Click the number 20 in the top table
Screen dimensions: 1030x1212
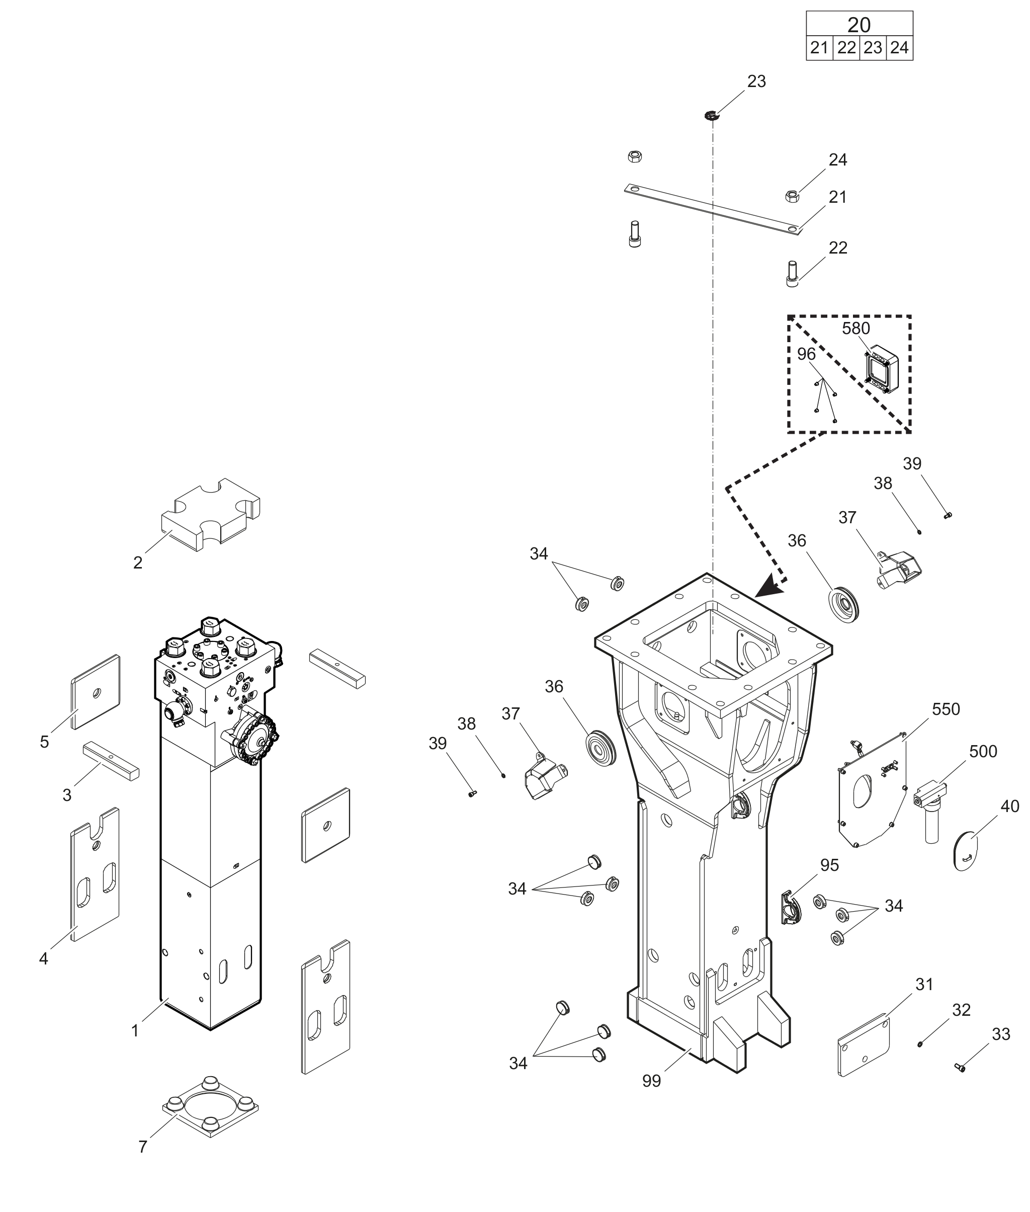(x=859, y=25)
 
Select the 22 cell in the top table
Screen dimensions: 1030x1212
(x=846, y=48)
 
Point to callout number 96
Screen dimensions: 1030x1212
(x=806, y=354)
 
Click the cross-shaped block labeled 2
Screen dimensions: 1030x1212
(x=211, y=514)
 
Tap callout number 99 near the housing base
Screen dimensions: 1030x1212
(x=652, y=1081)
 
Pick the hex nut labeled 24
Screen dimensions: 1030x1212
(x=792, y=196)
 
